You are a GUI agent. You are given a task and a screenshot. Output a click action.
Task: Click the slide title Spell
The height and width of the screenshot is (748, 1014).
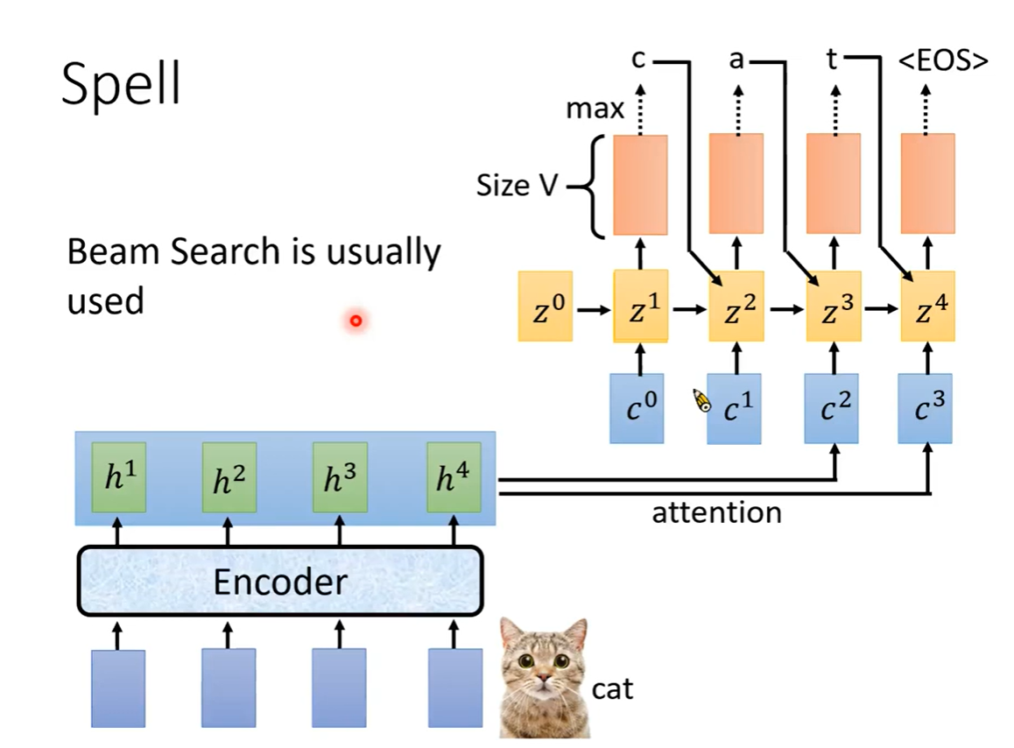(x=122, y=85)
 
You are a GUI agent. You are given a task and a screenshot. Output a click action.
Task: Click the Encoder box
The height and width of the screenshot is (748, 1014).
(x=280, y=581)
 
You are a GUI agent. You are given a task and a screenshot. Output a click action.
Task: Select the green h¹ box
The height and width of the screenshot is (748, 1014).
(x=119, y=477)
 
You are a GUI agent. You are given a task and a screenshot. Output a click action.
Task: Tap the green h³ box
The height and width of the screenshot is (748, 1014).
(x=339, y=477)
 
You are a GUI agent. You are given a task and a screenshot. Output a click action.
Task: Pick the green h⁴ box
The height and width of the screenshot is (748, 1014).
(x=454, y=477)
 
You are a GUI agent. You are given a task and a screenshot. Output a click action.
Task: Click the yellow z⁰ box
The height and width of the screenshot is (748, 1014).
(x=545, y=306)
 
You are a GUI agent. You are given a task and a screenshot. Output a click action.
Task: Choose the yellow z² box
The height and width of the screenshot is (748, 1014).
(x=736, y=306)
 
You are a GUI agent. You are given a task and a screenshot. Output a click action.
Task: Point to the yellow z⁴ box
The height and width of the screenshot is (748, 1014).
(x=927, y=306)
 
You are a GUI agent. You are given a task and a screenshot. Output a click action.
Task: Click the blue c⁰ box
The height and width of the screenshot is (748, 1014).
(x=637, y=408)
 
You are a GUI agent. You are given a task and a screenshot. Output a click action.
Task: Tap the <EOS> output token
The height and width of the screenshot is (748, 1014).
(x=944, y=61)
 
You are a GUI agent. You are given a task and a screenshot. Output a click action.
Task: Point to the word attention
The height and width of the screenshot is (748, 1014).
(x=716, y=512)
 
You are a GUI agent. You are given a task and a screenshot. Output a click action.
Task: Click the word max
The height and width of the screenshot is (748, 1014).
(x=595, y=109)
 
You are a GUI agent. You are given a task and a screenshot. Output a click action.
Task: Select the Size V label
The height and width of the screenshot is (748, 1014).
(x=517, y=186)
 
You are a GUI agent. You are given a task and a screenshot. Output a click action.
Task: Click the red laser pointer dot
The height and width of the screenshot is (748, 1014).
(x=356, y=321)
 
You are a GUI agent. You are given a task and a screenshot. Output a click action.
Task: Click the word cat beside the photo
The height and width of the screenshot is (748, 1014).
(x=612, y=689)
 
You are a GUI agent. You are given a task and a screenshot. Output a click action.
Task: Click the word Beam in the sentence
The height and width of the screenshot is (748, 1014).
(x=111, y=252)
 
